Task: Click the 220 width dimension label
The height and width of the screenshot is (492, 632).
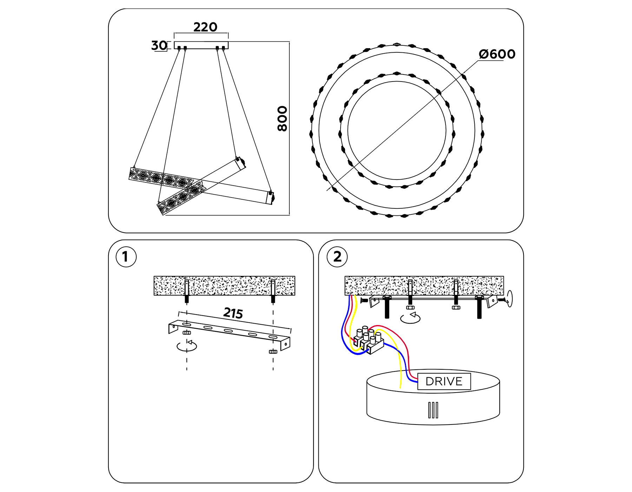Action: pyautogui.click(x=205, y=27)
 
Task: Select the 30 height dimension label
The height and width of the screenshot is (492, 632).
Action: pyautogui.click(x=159, y=45)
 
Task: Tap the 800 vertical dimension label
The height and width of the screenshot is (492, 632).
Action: pyautogui.click(x=282, y=118)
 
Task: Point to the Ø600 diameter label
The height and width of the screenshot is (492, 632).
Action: pyautogui.click(x=497, y=54)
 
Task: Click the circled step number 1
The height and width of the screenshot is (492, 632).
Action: pyautogui.click(x=126, y=257)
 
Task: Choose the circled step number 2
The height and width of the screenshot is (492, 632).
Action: pyautogui.click(x=337, y=257)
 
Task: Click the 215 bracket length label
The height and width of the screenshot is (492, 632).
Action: pyautogui.click(x=233, y=313)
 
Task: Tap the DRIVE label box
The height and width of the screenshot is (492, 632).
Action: pyautogui.click(x=444, y=381)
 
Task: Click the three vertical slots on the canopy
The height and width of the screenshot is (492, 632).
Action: pyautogui.click(x=433, y=410)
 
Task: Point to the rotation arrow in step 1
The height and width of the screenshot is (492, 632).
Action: pyautogui.click(x=187, y=346)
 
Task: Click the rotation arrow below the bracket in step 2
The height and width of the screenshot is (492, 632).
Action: pyautogui.click(x=410, y=318)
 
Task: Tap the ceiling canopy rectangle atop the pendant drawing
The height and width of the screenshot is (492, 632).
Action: pyautogui.click(x=201, y=45)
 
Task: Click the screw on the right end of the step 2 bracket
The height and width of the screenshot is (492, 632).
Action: pyautogui.click(x=503, y=300)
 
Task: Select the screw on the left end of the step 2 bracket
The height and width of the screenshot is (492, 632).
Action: pyautogui.click(x=364, y=300)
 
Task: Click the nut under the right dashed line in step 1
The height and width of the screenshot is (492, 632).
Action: pyautogui.click(x=273, y=351)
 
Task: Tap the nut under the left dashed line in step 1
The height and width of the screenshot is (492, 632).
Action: pyautogui.click(x=187, y=332)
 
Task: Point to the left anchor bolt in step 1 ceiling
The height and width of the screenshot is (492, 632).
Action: pyautogui.click(x=187, y=291)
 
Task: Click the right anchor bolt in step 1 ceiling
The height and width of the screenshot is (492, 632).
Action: pyautogui.click(x=273, y=291)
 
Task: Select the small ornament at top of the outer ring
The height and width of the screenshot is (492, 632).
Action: pyautogui.click(x=397, y=44)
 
